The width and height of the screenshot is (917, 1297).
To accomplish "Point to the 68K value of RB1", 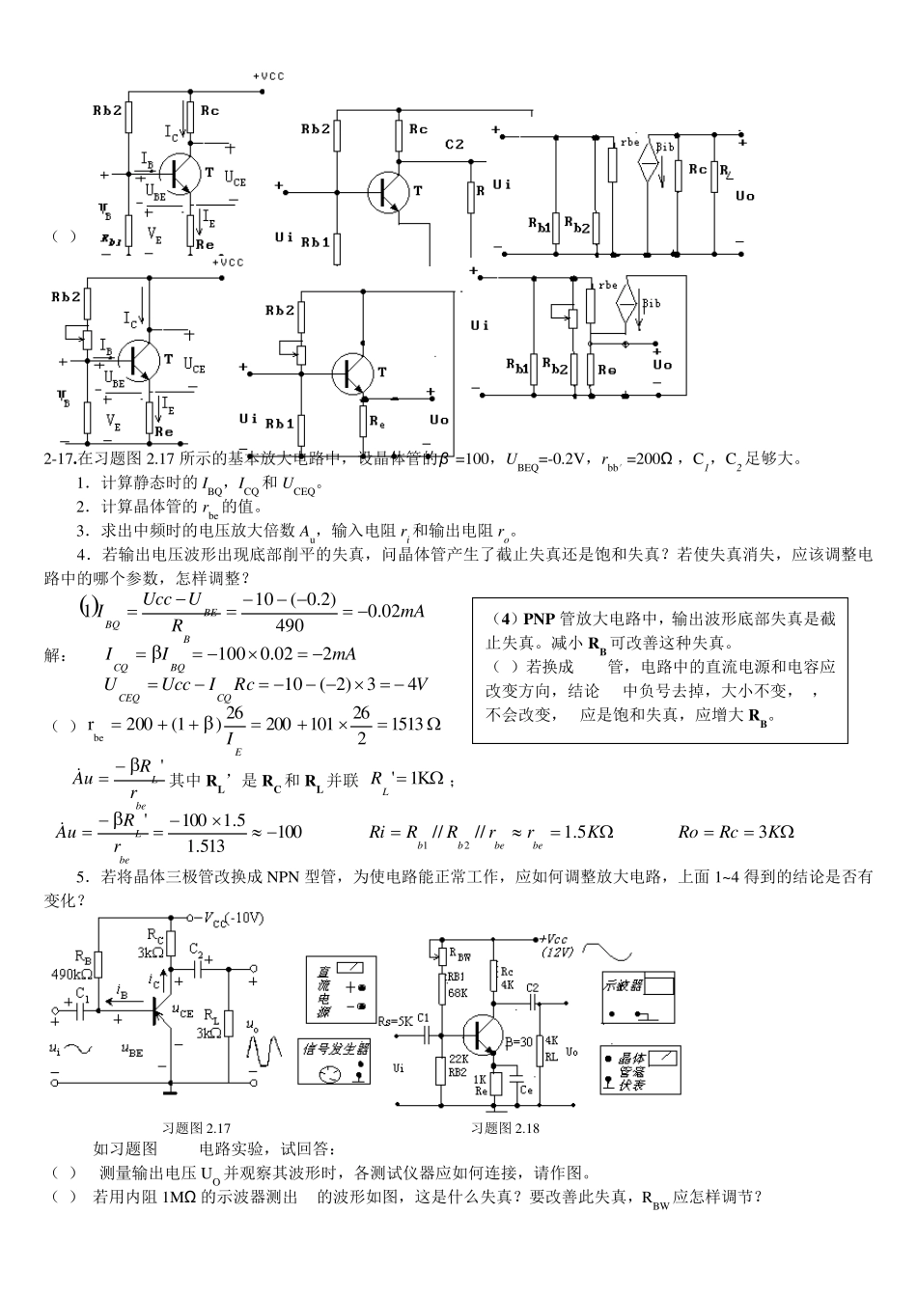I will pyautogui.click(x=457, y=992).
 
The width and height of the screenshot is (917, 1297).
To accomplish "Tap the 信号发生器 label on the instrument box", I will pyautogui.click(x=337, y=1048).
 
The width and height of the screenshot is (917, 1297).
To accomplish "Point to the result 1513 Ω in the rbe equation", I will pyautogui.click(x=409, y=724).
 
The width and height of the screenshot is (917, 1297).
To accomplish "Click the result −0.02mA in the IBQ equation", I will pyautogui.click(x=390, y=611).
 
